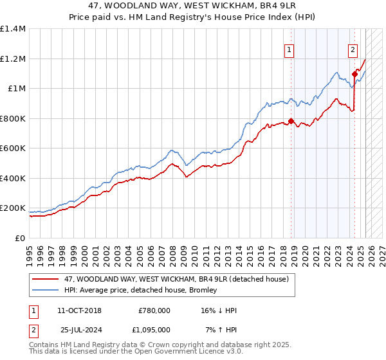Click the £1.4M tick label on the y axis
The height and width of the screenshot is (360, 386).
click(13, 29)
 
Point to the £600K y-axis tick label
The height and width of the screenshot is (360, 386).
click(13, 148)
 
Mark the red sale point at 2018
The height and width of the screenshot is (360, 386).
click(291, 121)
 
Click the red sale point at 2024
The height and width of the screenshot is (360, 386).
click(354, 74)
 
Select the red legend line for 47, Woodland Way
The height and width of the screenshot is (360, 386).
click(46, 279)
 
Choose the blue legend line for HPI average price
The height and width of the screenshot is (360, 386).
click(46, 290)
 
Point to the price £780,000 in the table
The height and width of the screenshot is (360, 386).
click(154, 310)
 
